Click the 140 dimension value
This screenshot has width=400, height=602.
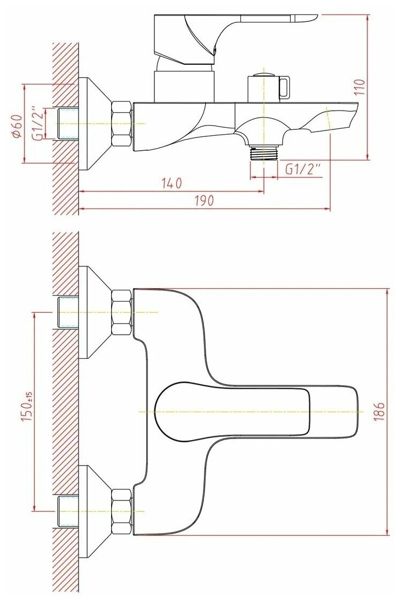[x=171, y=183]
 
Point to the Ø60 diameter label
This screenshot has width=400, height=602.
[x=17, y=124]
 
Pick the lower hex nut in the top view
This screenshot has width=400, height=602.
[x=122, y=512]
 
